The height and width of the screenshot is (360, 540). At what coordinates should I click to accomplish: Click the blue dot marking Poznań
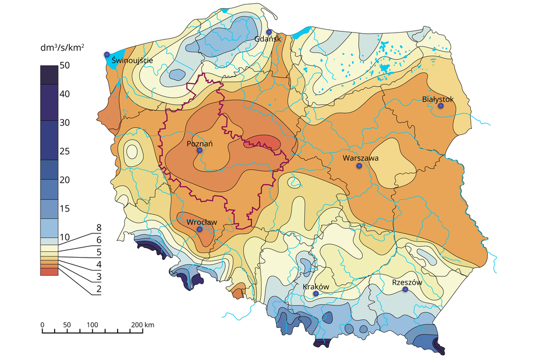200,150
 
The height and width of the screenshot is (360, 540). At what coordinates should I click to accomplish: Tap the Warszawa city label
361,158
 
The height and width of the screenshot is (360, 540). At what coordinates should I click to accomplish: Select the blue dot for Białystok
441,106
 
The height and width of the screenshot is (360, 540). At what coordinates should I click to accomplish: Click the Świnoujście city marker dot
106,55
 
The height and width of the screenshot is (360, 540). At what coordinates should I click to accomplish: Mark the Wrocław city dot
200,229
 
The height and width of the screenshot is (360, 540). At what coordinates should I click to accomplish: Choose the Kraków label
316,286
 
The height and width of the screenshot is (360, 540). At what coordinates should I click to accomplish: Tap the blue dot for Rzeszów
406,289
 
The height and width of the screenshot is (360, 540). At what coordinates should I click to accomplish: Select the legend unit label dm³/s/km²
62,48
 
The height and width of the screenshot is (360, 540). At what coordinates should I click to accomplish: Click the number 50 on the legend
65,65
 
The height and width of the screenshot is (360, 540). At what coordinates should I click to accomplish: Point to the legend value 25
65,151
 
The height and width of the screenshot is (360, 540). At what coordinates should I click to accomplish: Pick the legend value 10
65,237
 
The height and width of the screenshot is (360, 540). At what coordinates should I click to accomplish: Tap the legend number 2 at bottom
98,289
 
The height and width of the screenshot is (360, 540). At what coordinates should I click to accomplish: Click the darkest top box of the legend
49,75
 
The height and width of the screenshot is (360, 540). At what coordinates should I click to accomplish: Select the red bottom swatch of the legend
49,272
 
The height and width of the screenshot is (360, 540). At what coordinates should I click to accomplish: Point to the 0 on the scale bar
43,325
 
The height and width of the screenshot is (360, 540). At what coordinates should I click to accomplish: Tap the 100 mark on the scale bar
92,325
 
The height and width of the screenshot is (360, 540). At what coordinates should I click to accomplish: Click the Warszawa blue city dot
359,166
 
